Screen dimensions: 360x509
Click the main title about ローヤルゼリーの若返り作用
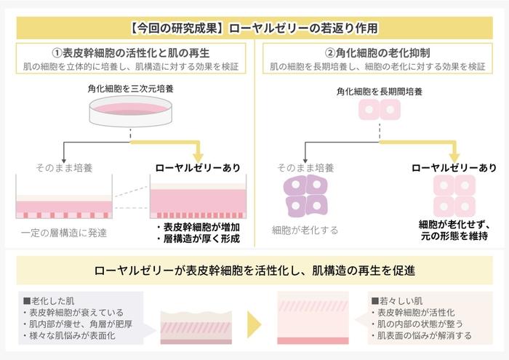(x=254, y=29)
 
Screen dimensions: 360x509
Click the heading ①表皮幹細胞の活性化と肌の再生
(x=131, y=53)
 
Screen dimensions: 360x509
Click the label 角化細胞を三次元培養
(x=130, y=89)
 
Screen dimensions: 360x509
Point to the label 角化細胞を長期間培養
(x=379, y=92)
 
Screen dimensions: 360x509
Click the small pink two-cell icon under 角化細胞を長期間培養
(x=379, y=111)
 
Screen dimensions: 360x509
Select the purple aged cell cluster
(x=305, y=195)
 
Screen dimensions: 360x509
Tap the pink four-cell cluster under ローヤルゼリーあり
(x=454, y=195)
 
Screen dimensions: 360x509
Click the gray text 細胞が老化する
(x=305, y=230)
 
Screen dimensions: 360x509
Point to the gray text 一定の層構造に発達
(x=64, y=233)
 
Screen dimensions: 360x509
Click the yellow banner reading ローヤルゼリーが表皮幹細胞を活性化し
(x=254, y=271)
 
